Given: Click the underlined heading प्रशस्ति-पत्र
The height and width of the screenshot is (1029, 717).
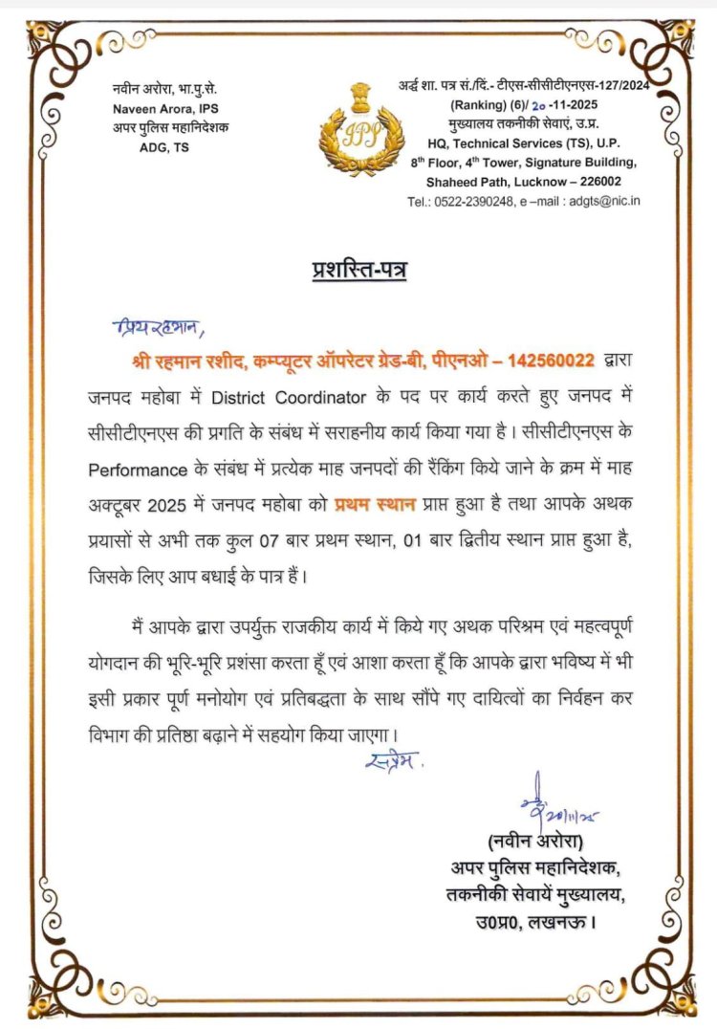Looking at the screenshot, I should (x=358, y=270).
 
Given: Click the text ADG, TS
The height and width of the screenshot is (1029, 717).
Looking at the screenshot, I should (x=163, y=146).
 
